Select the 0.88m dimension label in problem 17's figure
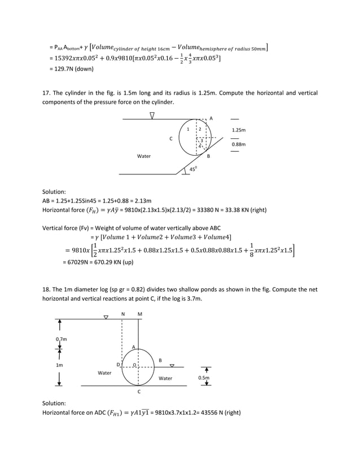[x=239, y=145]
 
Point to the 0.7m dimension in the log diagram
[x=61, y=338]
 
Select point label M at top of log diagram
[x=139, y=313]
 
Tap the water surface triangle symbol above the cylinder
[x=152, y=115]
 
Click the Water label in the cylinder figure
[x=144, y=156]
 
